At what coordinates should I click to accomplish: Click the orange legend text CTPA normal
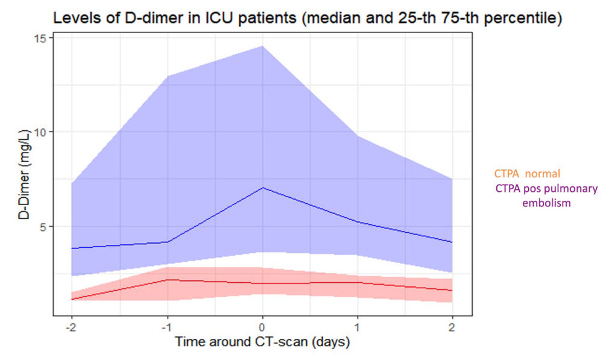527,174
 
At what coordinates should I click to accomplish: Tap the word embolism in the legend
546,203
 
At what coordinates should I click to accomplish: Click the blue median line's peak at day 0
262,188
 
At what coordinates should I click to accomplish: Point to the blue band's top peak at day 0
262,46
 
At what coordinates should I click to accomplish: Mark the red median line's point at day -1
167,279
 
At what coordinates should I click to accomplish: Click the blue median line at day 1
358,222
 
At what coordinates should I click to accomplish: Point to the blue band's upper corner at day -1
167,76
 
